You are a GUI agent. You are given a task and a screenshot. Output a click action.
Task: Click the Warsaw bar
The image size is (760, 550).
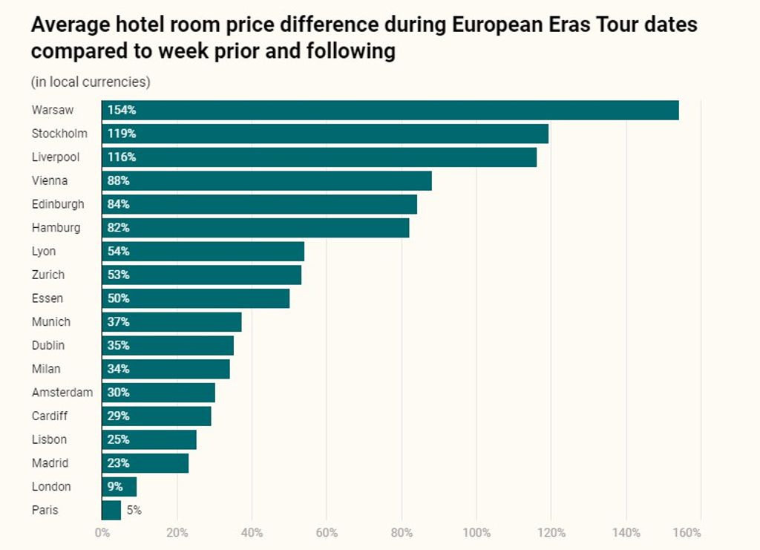click(390, 110)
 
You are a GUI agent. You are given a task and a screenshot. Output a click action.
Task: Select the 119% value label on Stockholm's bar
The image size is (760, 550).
click(122, 134)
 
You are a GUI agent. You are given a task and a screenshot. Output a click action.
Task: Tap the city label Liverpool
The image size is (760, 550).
click(55, 157)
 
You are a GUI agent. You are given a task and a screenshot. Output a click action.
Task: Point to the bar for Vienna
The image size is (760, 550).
click(266, 180)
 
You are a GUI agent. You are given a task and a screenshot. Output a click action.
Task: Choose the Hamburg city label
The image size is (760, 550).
click(56, 228)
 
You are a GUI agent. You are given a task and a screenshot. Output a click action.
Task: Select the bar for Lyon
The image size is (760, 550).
click(203, 252)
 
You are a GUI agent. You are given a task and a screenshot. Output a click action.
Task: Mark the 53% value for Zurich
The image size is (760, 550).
click(119, 275)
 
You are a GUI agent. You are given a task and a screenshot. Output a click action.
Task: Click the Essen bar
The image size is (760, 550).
click(195, 298)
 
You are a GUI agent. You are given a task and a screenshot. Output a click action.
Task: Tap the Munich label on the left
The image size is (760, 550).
click(51, 322)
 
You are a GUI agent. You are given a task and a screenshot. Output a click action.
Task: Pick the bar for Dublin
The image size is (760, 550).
click(168, 345)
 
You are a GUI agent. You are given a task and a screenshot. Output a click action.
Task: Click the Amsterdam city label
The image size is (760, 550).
click(62, 393)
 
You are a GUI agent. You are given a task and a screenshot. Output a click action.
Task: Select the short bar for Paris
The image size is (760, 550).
click(111, 510)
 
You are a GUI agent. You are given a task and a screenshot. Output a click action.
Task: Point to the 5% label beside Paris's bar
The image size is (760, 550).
click(133, 510)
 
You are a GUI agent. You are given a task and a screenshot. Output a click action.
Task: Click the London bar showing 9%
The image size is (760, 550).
click(119, 487)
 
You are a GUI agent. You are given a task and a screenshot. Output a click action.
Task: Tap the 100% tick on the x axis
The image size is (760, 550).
click(476, 533)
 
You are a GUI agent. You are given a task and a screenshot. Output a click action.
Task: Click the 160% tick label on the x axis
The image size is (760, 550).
click(688, 533)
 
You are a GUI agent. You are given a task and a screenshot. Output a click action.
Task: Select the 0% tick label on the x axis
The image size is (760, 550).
click(102, 533)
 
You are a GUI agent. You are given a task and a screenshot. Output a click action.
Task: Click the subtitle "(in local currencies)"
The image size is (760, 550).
click(91, 82)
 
